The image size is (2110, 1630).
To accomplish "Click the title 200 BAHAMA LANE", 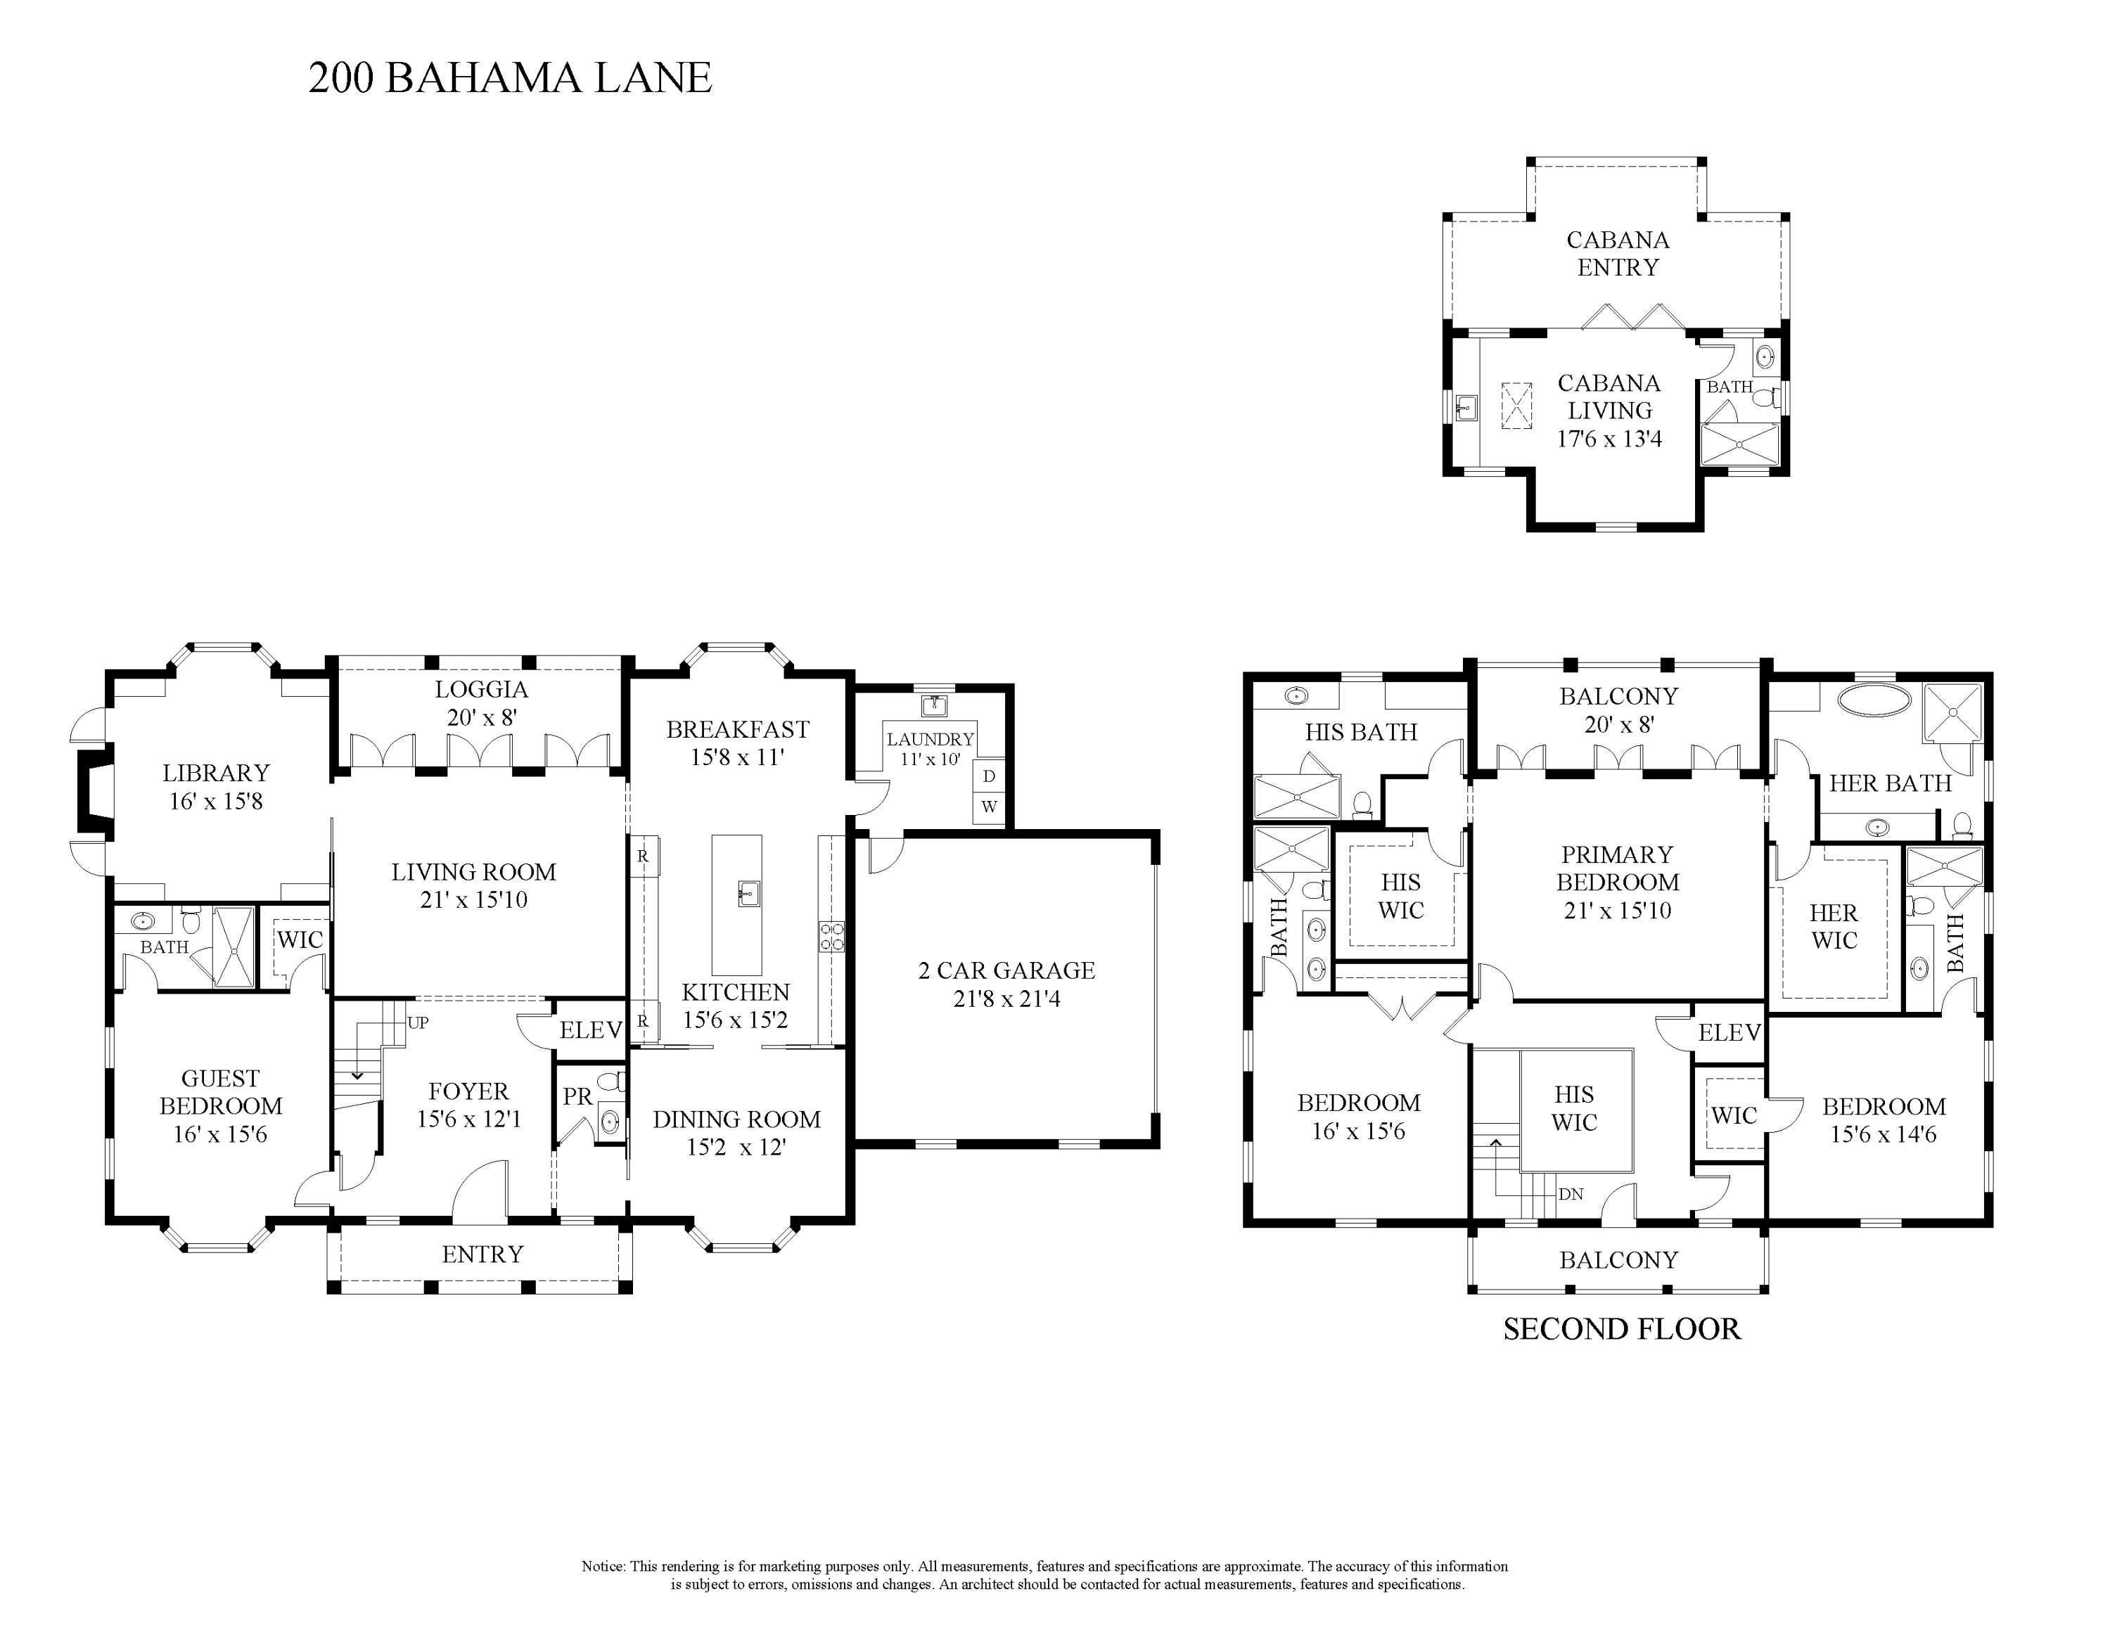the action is pos(510,78).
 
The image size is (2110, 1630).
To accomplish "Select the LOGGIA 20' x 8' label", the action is pos(481,703).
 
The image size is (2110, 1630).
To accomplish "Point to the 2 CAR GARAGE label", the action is pos(1006,970).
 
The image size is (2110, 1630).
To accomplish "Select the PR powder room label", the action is pos(577,1097).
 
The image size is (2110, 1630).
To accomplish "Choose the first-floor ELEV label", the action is pos(590,1029).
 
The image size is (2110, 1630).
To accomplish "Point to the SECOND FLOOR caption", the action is pos(1622,1330).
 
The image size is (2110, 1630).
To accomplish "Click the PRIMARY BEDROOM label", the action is pos(1617,868).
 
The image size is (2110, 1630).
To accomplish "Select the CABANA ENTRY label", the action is pos(1618,253).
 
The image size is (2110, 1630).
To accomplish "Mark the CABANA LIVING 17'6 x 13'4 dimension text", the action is pos(1609,438).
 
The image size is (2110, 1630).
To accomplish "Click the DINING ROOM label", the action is pos(736,1119).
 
